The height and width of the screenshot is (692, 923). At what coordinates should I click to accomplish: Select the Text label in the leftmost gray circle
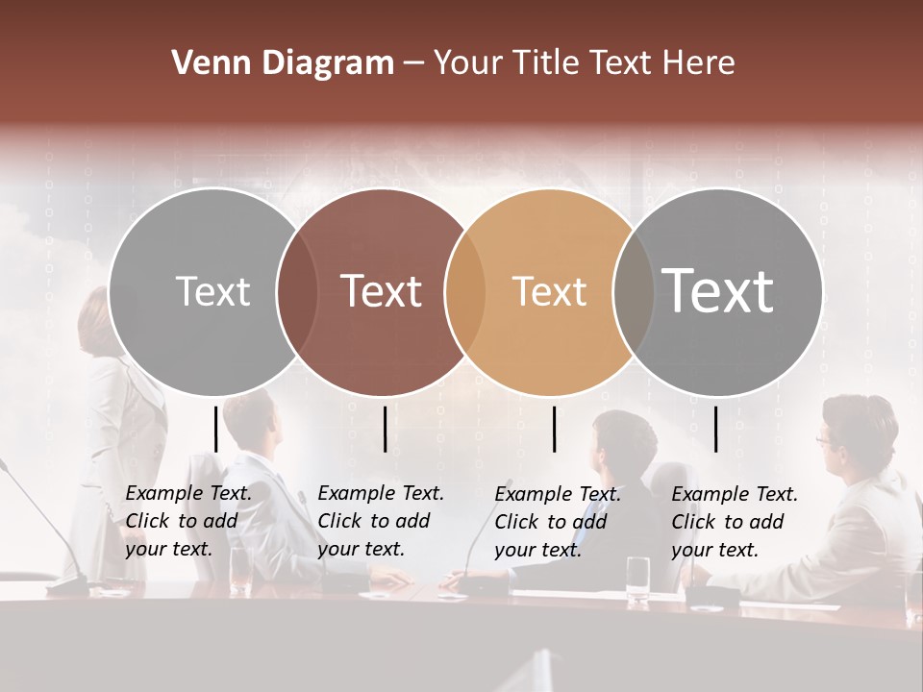[212, 291]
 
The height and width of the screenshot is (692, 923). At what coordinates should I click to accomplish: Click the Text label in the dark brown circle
[382, 291]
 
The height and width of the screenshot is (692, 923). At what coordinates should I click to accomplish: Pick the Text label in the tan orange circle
[549, 291]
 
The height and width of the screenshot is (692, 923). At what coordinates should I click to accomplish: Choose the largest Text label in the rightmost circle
[718, 290]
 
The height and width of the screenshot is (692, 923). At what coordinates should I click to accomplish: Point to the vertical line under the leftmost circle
[216, 429]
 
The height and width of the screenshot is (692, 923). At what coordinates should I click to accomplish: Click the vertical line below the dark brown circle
[385, 429]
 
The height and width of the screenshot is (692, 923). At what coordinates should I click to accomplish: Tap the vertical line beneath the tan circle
[555, 429]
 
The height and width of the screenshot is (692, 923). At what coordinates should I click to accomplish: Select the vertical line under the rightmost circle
[715, 429]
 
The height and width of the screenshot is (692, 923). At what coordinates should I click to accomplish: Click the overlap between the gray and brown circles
[297, 291]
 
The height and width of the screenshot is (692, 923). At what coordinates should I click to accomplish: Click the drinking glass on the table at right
[637, 580]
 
